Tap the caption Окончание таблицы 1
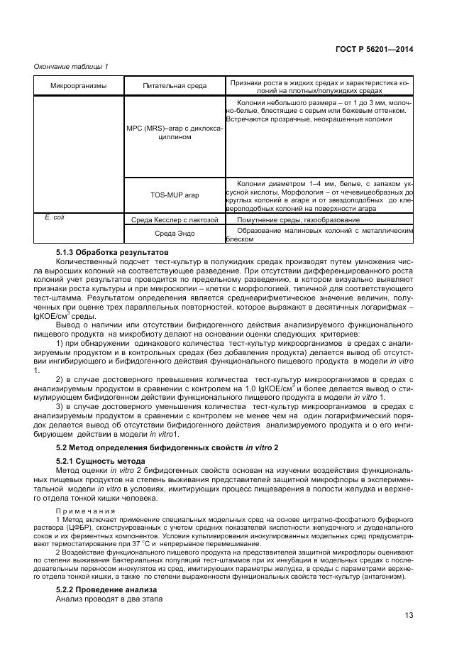[x=71, y=67]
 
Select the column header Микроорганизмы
[x=78, y=86]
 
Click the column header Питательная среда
[x=174, y=86]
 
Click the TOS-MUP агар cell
[x=174, y=194]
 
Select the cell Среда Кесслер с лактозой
[x=174, y=220]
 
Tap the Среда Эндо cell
[x=174, y=234]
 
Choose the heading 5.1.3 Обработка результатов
[x=112, y=252]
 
